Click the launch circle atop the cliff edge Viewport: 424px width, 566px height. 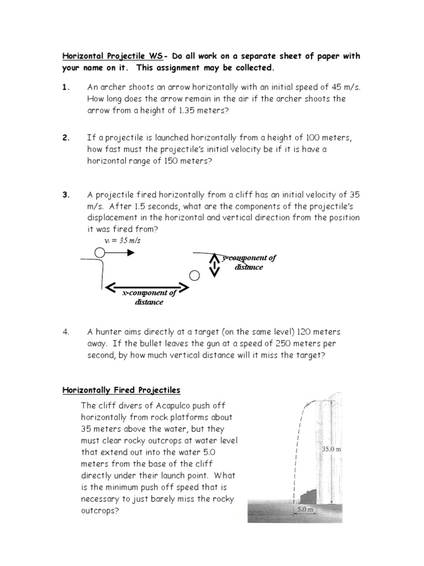pyautogui.click(x=99, y=253)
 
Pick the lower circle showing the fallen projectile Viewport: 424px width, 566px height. pyautogui.click(x=194, y=275)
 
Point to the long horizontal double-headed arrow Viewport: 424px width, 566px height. pyautogui.click(x=147, y=287)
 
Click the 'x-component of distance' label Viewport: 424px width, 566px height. pyautogui.click(x=149, y=297)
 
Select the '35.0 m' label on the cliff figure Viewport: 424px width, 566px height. pyautogui.click(x=331, y=449)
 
